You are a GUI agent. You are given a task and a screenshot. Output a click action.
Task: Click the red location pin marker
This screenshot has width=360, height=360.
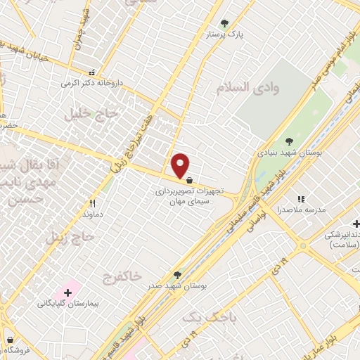click(x=181, y=165)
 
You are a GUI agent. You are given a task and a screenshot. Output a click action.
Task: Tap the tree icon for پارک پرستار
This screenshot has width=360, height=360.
click(x=225, y=23)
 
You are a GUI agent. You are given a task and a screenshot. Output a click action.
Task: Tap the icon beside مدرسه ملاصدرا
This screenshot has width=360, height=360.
click(x=301, y=199)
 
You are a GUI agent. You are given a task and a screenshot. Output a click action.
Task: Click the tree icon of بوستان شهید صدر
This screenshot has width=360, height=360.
click(x=177, y=275)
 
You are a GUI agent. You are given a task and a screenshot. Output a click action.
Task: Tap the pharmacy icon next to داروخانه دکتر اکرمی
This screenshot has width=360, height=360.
click(x=91, y=72)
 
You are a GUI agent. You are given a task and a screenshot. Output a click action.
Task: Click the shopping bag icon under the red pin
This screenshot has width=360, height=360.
click(x=191, y=180)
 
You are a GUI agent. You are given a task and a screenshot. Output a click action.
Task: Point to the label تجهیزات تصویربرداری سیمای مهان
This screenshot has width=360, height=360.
click(x=181, y=196)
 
